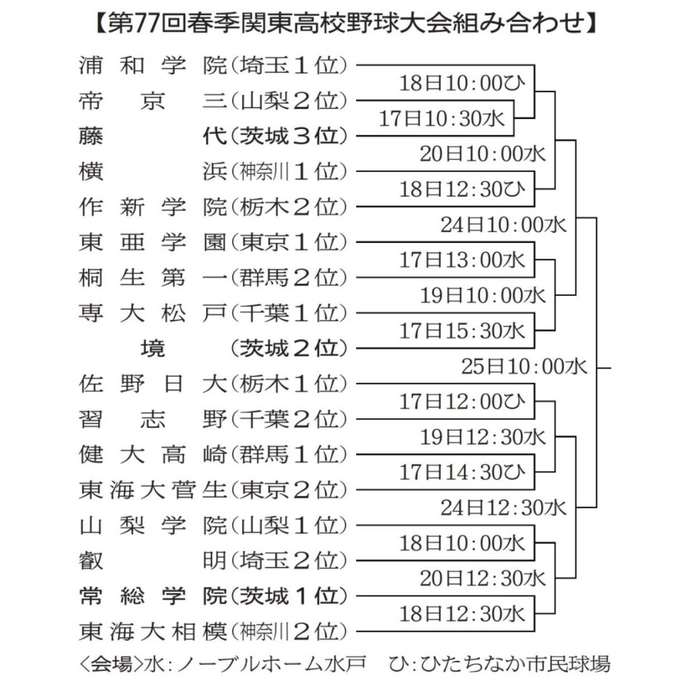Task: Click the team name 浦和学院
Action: click(x=153, y=66)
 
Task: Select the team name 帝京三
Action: click(x=153, y=101)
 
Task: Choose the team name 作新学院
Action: click(x=153, y=207)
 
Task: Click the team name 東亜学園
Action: click(x=153, y=242)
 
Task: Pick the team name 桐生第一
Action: click(x=153, y=278)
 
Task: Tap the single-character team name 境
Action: click(x=153, y=349)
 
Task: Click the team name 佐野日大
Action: click(x=153, y=384)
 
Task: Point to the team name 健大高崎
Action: click(x=153, y=454)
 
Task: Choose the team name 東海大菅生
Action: click(x=153, y=489)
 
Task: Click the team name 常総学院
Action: click(x=153, y=596)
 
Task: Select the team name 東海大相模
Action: click(x=153, y=631)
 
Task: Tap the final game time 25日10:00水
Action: click(x=524, y=366)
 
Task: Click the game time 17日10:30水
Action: click(x=441, y=118)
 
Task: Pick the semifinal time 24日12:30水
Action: click(x=503, y=508)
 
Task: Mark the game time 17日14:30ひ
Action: click(x=462, y=473)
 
